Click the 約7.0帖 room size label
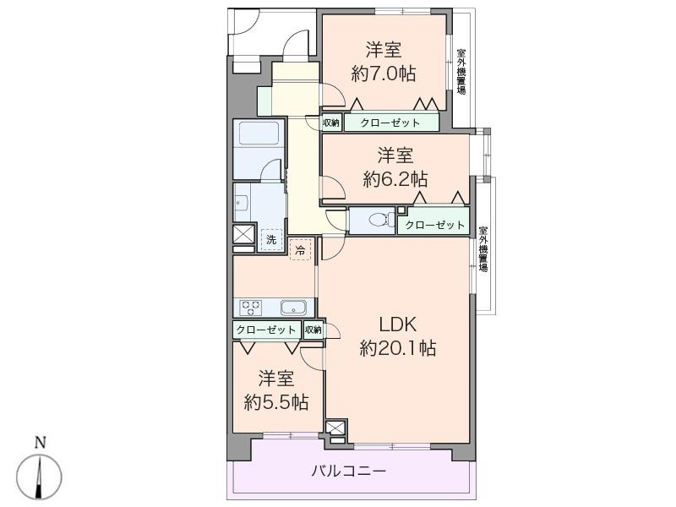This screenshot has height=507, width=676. pos(383,74)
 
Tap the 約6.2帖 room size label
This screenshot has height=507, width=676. pos(395,179)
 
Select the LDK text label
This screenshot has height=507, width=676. pos(398,324)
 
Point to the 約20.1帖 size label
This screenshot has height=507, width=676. pos(398,347)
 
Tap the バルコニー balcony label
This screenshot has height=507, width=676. pos(350,472)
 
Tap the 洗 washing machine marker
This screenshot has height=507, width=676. pos(271,239)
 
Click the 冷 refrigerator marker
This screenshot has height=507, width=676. pos(300,249)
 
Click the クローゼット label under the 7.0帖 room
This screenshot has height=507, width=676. pos(390,123)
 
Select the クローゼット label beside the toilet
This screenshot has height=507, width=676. pos(434,225)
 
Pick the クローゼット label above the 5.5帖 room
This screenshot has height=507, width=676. pos(266,330)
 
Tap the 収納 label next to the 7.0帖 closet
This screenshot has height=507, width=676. pos(330,123)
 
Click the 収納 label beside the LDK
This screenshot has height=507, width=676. pos(313,330)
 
